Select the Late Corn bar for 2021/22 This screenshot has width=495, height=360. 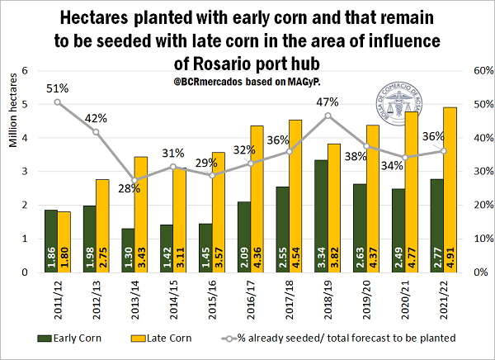(429, 189)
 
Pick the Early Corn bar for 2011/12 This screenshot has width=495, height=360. (51, 240)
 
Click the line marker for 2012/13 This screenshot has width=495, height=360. (97, 132)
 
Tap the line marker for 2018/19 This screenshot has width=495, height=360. (328, 115)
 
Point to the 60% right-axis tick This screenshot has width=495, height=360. (470, 71)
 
